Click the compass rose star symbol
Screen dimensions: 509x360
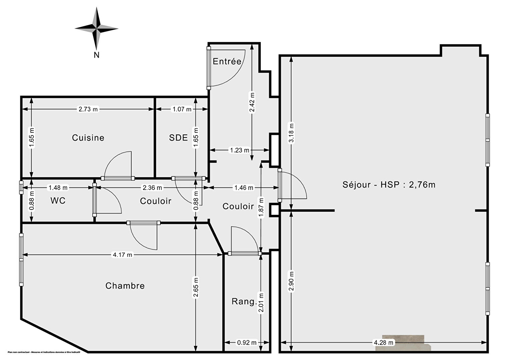(x=97, y=29)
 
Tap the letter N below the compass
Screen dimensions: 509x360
(x=97, y=55)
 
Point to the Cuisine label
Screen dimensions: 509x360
(x=88, y=137)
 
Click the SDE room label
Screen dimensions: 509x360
(x=178, y=137)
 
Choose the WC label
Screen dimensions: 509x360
(x=58, y=201)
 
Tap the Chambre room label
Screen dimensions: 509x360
(x=125, y=286)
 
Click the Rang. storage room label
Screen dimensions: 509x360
(x=244, y=301)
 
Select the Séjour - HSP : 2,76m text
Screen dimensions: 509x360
(x=389, y=184)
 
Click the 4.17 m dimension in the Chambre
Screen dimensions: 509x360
(x=122, y=255)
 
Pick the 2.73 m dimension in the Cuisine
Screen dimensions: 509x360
(x=88, y=109)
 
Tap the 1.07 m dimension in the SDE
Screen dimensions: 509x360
(x=182, y=109)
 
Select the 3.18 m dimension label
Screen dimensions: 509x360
(x=291, y=132)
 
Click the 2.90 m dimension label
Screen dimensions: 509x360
(x=291, y=281)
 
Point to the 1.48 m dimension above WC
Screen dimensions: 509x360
(x=58, y=188)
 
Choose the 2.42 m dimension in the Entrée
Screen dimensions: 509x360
(x=252, y=102)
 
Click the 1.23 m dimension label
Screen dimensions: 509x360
(x=239, y=150)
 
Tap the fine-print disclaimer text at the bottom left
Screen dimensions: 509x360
(x=44, y=352)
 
